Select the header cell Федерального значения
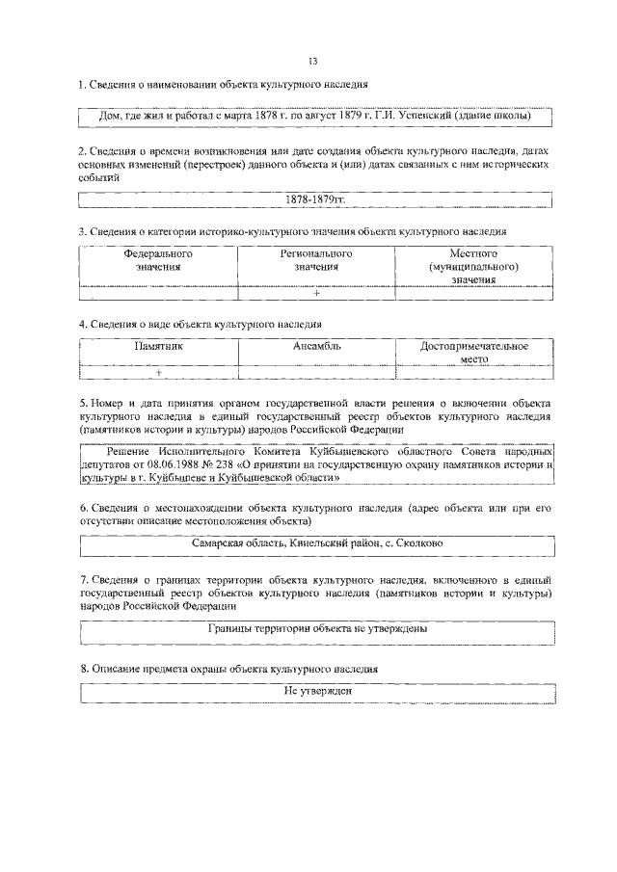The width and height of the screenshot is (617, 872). coord(158,260)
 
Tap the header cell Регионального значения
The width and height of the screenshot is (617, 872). coord(316,260)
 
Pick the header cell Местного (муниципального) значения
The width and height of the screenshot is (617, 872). coord(475,266)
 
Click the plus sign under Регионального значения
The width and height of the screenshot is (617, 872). coord(316,294)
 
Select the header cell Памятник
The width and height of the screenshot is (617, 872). coord(158,345)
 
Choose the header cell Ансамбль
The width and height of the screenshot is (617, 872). coord(316,345)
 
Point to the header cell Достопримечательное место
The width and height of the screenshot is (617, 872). coord(475,351)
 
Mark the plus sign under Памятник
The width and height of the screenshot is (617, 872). coord(158,372)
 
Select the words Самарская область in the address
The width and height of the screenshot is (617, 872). coord(231,543)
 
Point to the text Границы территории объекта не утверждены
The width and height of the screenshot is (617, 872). coord(318,627)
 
